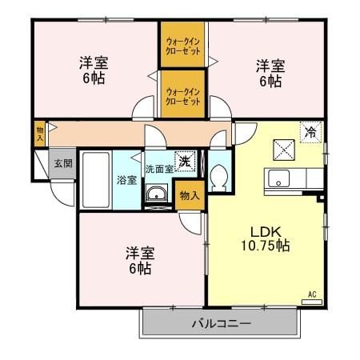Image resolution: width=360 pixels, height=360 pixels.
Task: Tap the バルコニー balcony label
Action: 222,324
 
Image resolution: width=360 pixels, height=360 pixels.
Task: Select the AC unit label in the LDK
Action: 312,295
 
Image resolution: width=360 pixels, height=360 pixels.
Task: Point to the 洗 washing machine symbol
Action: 184,161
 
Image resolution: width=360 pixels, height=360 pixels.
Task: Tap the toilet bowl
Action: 220,181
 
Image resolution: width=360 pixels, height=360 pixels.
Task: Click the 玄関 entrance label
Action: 63,163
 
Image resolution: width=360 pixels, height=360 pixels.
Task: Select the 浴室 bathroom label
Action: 126,179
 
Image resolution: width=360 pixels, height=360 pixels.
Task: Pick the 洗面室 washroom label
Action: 158,170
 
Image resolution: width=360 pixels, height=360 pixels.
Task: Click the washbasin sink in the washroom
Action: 157,192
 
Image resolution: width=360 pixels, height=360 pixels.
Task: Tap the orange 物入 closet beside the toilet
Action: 190,195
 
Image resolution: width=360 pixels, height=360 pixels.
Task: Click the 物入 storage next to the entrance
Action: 40,134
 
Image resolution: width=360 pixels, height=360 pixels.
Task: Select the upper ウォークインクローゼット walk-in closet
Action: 182,46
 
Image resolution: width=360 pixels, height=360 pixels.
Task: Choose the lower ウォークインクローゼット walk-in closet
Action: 182,95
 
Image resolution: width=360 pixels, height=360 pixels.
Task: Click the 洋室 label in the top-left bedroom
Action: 94,62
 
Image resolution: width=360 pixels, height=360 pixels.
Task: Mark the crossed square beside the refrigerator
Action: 282,147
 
